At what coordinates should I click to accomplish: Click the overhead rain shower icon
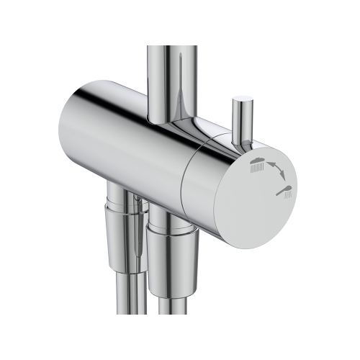click(256, 163)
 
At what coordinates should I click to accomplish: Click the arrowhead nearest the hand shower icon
click(283, 180)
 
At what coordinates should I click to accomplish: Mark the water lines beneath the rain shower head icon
click(255, 168)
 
